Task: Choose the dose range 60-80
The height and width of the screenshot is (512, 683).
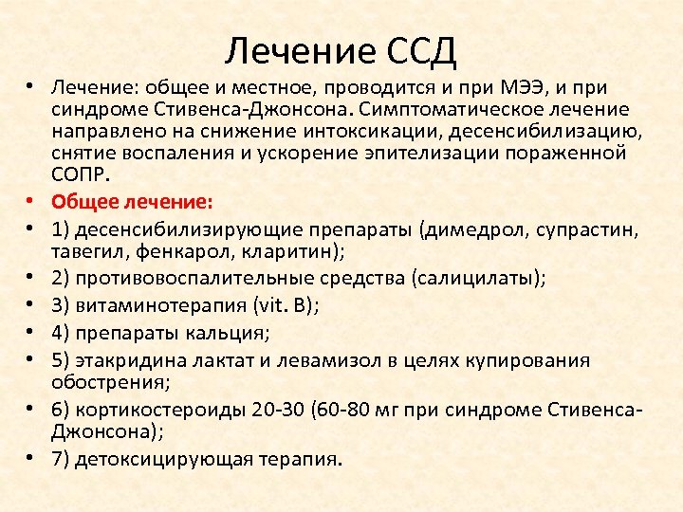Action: [x=346, y=410]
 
